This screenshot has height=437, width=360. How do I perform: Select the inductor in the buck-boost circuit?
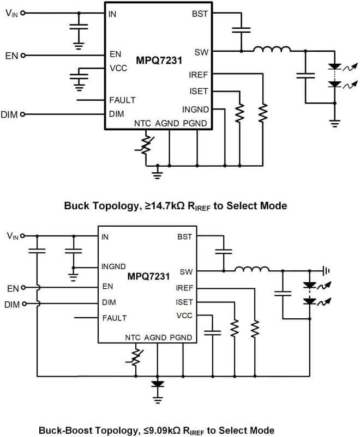coord(251,269)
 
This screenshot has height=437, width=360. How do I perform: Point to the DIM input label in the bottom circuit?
coord(11,305)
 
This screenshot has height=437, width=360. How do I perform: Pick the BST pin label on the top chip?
coord(200,14)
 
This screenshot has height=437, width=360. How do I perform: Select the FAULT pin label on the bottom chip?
coord(114,318)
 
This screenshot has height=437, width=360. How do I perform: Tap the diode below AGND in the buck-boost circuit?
coord(158,384)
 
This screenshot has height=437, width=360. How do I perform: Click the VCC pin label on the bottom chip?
coord(184,315)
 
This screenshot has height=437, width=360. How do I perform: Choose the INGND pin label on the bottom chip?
coord(115,267)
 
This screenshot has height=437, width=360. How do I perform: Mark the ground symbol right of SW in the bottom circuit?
coord(326,269)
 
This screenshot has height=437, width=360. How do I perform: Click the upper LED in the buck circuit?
coord(334,68)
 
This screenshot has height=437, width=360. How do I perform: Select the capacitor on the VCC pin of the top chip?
coord(81,75)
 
